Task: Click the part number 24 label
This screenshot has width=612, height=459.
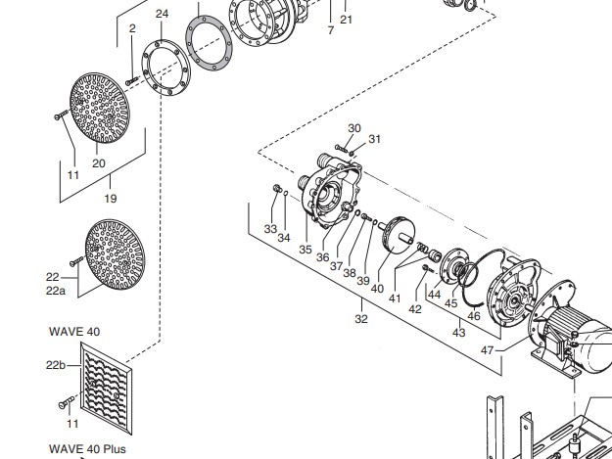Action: (162, 14)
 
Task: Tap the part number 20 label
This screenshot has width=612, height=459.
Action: (98, 163)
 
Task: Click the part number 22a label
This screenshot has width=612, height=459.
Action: (55, 291)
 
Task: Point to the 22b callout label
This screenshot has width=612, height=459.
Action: (56, 364)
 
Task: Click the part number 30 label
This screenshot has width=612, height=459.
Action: (354, 128)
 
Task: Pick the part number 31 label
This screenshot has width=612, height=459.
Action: (374, 139)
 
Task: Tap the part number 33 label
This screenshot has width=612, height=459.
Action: (270, 228)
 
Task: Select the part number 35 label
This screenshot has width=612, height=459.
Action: (306, 250)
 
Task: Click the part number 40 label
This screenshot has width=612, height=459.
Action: (377, 288)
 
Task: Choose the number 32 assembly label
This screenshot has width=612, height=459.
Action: (361, 318)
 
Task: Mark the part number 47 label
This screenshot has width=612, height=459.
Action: (487, 349)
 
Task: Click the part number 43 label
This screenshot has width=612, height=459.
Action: (458, 333)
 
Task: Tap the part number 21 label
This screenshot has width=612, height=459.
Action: (346, 20)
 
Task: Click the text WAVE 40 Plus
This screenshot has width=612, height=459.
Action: (87, 450)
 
